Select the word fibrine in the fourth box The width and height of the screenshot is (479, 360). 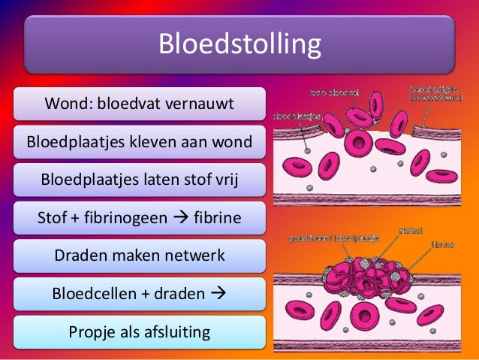[x=218, y=218]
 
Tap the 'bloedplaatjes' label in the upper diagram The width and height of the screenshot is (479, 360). [x=297, y=116]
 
